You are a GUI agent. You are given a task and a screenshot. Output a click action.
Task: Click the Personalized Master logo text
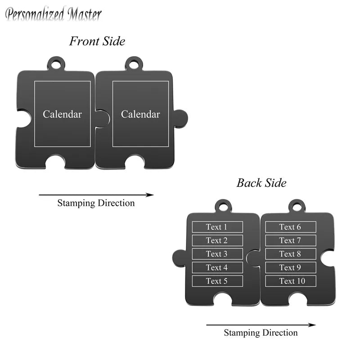53,14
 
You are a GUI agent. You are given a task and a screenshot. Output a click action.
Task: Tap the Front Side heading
97,41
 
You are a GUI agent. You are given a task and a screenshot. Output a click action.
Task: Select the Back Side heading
261,183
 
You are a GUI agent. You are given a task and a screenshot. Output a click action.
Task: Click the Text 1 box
217,227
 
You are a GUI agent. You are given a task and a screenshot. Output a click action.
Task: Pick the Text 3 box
217,254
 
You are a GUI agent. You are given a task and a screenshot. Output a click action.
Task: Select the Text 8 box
291,254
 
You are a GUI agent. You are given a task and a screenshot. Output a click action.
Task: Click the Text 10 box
291,281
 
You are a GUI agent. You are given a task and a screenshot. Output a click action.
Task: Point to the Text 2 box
217,240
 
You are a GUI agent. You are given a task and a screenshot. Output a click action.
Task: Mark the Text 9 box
291,267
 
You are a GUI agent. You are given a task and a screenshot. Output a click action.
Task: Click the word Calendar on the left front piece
62,114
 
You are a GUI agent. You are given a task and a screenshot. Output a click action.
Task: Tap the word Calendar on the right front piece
140,114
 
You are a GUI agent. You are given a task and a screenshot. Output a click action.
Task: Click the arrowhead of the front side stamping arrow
150,195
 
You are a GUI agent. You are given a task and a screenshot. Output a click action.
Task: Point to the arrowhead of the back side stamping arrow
312,325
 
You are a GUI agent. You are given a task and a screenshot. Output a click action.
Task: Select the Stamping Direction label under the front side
96,203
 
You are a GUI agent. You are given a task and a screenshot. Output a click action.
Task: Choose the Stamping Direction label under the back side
261,333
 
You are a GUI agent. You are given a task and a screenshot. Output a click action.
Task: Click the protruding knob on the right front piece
181,118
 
